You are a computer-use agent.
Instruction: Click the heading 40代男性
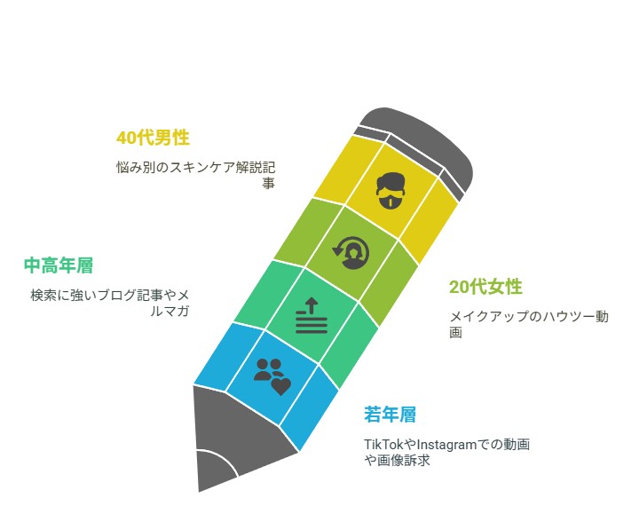[x=153, y=138]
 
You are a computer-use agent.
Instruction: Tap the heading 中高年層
[x=59, y=265]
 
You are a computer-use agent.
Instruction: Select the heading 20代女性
[x=485, y=287]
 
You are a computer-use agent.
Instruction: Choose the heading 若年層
[x=390, y=415]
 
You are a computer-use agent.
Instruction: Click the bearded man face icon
[x=390, y=191]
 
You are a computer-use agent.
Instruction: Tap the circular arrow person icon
[x=351, y=253]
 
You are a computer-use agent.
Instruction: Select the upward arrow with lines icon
[x=312, y=315]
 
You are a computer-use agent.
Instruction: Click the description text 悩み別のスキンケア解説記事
[x=196, y=175]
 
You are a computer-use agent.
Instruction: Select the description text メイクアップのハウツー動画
[x=529, y=324]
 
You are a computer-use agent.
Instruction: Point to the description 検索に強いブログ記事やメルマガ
[x=110, y=303]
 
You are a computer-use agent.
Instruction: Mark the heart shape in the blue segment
[x=281, y=386]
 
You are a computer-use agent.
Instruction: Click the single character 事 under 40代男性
[x=269, y=184]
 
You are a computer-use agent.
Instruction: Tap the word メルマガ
[x=170, y=311]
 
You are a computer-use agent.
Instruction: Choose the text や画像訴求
[x=398, y=461]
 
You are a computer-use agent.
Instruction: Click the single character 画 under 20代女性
[x=455, y=333]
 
